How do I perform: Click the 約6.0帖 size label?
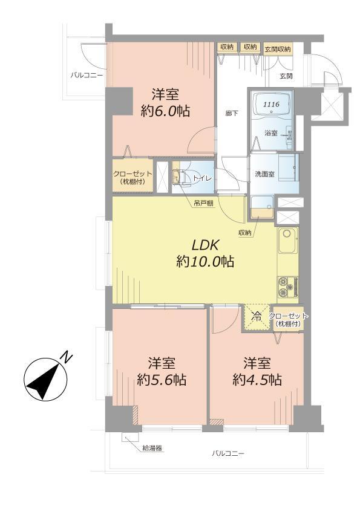160,111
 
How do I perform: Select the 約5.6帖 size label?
161,380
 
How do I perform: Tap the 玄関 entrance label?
286,76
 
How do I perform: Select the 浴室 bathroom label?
271,132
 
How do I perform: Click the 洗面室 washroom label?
264,175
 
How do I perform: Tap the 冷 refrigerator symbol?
257,315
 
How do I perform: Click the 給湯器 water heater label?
152,448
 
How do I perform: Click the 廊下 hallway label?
230,112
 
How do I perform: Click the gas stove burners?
286,286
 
